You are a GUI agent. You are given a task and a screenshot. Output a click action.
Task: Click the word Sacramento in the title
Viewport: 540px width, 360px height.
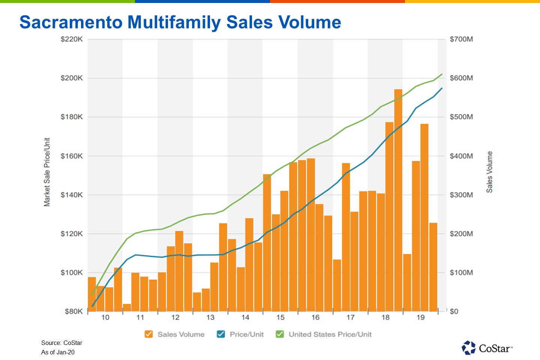pos(71,22)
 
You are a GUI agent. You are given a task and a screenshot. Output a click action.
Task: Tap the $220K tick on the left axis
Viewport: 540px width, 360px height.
pos(72,39)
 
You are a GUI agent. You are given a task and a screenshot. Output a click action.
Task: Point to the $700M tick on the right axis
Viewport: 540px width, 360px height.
pos(461,39)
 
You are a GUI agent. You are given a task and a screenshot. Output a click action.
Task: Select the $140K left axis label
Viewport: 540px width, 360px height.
pos(72,195)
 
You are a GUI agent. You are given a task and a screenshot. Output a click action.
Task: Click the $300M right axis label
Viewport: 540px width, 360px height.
pos(461,195)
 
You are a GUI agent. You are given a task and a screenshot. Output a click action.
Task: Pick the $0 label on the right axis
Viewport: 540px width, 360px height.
pos(454,312)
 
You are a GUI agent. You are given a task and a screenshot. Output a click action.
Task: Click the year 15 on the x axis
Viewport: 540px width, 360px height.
pos(280,318)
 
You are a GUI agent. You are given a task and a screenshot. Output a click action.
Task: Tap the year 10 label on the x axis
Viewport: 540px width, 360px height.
pos(105,318)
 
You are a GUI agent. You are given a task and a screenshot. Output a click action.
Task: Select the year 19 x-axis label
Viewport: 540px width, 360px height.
pos(420,318)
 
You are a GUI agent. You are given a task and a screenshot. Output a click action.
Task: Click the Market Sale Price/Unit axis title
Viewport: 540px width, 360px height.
pos(47,172)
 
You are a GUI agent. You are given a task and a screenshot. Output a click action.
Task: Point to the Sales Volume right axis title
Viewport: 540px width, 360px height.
pos(489,172)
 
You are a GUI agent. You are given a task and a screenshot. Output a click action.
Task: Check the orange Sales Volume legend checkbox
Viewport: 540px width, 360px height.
pos(149,334)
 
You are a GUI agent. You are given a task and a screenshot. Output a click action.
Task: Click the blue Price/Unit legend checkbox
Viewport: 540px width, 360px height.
pos(221,334)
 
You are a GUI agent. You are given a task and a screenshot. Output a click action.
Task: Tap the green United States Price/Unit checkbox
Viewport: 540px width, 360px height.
pos(280,334)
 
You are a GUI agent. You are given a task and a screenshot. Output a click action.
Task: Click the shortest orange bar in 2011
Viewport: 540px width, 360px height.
pos(127,307)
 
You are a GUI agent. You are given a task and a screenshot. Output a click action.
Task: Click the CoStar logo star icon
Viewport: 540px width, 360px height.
pos(468,348)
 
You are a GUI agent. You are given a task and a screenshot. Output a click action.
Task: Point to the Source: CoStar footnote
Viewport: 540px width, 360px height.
pos(61,343)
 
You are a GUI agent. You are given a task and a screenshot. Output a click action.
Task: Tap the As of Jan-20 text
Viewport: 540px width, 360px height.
pos(58,352)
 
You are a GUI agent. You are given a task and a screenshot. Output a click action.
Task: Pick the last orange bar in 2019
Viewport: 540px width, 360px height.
pos(433,267)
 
